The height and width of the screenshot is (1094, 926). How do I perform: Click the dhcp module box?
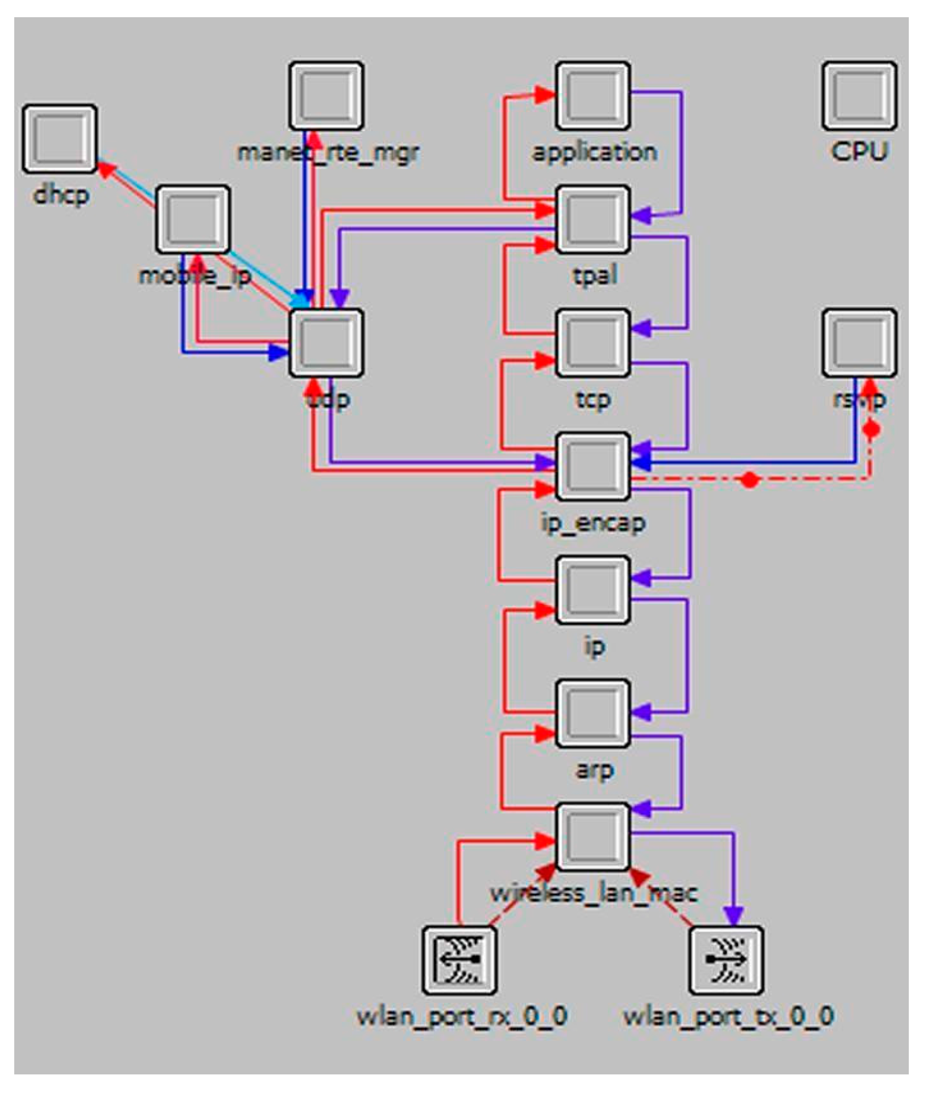pos(60,139)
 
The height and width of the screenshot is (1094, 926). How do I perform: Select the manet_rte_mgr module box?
pos(326,96)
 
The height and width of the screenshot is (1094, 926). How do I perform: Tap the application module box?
pos(593,96)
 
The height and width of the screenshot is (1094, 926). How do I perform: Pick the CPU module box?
pos(859,96)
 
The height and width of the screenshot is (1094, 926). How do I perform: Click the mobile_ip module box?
pos(193,219)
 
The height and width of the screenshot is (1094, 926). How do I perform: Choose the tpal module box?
pos(593,219)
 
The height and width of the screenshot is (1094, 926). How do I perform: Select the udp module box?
pos(326,343)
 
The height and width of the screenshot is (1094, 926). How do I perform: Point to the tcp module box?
pos(593,343)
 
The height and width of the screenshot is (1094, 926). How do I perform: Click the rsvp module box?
pos(859,343)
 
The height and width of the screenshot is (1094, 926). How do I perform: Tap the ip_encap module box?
pos(593,466)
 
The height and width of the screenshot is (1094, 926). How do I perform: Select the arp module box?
pos(593,713)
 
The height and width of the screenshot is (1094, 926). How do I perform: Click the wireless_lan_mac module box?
pos(593,836)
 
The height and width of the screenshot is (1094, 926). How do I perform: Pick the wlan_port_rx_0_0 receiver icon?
pos(459,960)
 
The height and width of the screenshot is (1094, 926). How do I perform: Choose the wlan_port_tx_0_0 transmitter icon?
pos(726,960)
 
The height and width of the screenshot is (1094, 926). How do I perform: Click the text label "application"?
pos(594,153)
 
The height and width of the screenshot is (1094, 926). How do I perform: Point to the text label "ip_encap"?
pos(593,524)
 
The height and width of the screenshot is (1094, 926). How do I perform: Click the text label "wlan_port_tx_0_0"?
pos(728,1016)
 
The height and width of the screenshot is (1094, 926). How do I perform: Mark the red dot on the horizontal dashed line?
pos(750,480)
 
